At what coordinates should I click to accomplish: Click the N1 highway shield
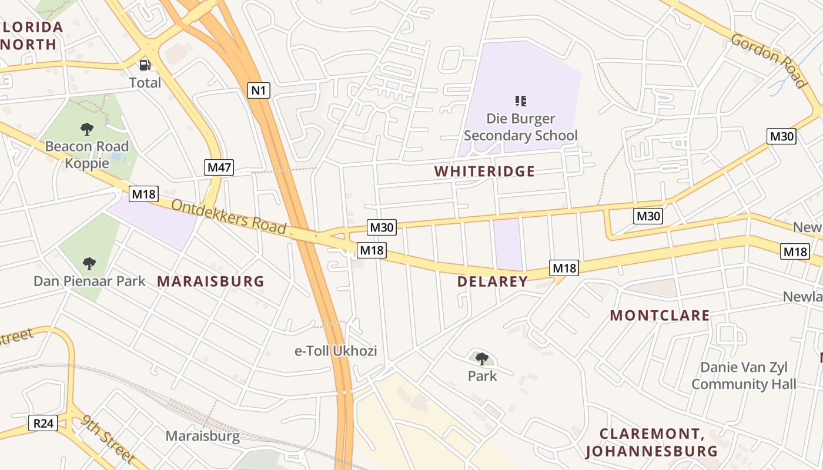[x=259, y=90]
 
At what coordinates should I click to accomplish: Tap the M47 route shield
[x=219, y=167]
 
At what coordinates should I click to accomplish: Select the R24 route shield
[x=44, y=422]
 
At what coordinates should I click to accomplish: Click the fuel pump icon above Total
[x=145, y=65]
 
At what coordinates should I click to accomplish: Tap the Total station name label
[x=145, y=83]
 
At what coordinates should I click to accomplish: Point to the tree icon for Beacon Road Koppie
[x=87, y=129]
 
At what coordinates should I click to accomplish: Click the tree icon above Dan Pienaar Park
[x=89, y=263]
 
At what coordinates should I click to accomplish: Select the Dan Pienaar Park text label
[x=89, y=281]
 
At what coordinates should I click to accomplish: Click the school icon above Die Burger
[x=520, y=101]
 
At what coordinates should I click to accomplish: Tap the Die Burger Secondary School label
[x=520, y=127]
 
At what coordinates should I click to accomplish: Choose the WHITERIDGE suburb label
[x=484, y=172]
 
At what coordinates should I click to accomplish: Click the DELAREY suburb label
[x=493, y=281]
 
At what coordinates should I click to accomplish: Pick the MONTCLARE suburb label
[x=660, y=315]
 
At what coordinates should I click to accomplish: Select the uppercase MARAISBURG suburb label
[x=210, y=281]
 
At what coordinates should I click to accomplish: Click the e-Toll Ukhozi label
[x=336, y=351]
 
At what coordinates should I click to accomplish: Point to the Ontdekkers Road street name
[x=229, y=217]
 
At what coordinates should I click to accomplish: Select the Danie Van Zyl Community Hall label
[x=744, y=376]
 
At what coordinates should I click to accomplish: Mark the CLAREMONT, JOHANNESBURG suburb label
[x=651, y=443]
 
